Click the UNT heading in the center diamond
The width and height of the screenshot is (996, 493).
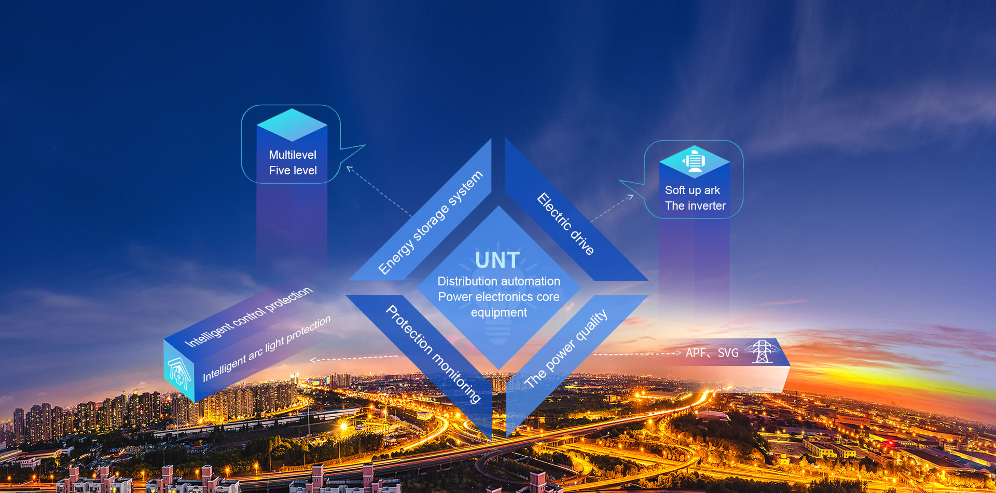coord(497,260)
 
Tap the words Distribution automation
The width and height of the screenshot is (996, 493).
coord(499,281)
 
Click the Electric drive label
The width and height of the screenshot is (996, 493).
coord(565,224)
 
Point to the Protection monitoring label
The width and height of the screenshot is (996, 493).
coord(433,354)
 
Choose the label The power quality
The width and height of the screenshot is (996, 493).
coord(565,348)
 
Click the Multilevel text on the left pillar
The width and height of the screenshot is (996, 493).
coord(293,155)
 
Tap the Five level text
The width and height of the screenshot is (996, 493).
coord(293,170)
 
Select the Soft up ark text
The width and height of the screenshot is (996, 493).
coord(693,190)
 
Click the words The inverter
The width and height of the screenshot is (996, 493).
coord(695,206)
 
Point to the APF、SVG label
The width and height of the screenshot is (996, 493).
coord(712,353)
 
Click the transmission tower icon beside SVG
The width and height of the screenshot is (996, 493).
coord(762,352)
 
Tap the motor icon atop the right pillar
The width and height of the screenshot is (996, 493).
coord(694,160)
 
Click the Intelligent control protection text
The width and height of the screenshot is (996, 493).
coord(248,317)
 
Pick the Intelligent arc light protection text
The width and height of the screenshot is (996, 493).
coord(266,348)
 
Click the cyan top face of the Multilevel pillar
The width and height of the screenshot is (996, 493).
coord(292,125)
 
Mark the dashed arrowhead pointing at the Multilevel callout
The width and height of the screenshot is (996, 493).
coord(349,168)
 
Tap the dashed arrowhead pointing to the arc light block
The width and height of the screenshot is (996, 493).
coord(313,360)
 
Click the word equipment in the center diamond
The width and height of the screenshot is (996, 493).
coord(499,312)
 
